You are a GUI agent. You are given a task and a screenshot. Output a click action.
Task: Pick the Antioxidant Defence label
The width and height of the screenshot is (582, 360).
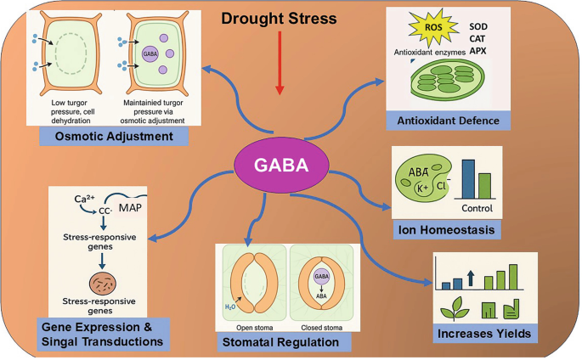(448, 120)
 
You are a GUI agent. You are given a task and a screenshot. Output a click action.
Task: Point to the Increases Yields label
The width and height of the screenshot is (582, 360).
(485, 333)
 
